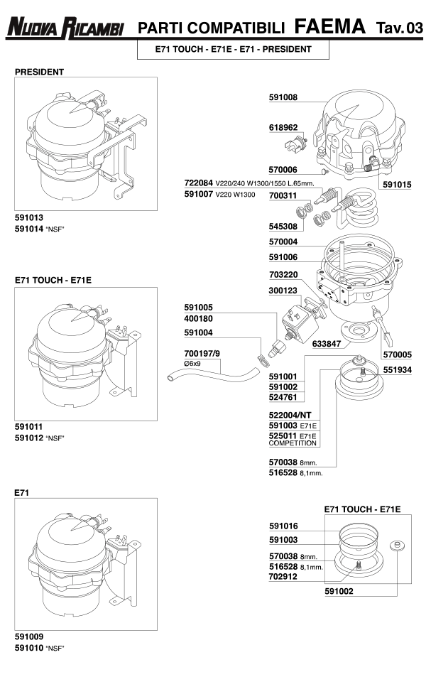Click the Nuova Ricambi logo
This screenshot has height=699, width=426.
(65, 28)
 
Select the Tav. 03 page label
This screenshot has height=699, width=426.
(399, 28)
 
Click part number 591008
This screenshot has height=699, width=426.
(283, 97)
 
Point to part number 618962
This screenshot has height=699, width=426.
(283, 128)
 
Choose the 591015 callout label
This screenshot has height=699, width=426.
(397, 184)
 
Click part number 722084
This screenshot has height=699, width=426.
(199, 183)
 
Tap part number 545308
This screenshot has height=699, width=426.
(283, 227)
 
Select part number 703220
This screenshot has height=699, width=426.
(283, 273)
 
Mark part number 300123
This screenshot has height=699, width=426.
(283, 291)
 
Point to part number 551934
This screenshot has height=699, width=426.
(397, 370)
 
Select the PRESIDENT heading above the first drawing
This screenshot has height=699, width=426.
(40, 72)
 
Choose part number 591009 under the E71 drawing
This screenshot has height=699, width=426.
(29, 636)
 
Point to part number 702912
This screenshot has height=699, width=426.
(283, 577)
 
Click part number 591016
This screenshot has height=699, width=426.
(283, 526)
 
